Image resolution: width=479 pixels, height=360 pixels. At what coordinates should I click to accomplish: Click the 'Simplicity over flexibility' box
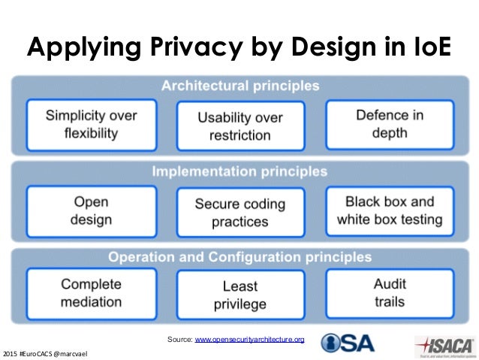click(x=92, y=125)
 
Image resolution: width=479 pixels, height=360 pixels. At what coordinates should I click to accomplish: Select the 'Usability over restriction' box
click(x=240, y=126)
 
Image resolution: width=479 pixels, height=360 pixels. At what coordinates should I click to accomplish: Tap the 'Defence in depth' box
click(x=390, y=124)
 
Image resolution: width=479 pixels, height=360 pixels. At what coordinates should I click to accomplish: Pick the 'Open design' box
click(x=92, y=211)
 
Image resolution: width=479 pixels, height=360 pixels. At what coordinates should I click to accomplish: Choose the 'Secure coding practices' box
click(x=240, y=213)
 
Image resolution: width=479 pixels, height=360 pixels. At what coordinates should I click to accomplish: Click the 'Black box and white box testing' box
click(x=390, y=211)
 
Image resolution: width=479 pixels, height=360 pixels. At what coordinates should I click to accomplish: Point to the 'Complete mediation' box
click(x=92, y=293)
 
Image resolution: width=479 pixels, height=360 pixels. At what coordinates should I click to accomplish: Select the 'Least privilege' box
click(x=240, y=295)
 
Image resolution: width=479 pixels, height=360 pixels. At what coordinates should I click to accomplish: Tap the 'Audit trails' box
click(x=390, y=293)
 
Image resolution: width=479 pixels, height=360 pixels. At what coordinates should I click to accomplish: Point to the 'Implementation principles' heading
click(x=239, y=171)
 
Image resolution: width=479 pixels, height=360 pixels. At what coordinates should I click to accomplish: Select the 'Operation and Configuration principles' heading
click(x=239, y=257)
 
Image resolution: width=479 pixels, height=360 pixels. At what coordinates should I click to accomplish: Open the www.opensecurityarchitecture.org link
click(x=249, y=340)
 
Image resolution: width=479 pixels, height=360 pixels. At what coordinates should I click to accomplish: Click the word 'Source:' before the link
click(x=180, y=340)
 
